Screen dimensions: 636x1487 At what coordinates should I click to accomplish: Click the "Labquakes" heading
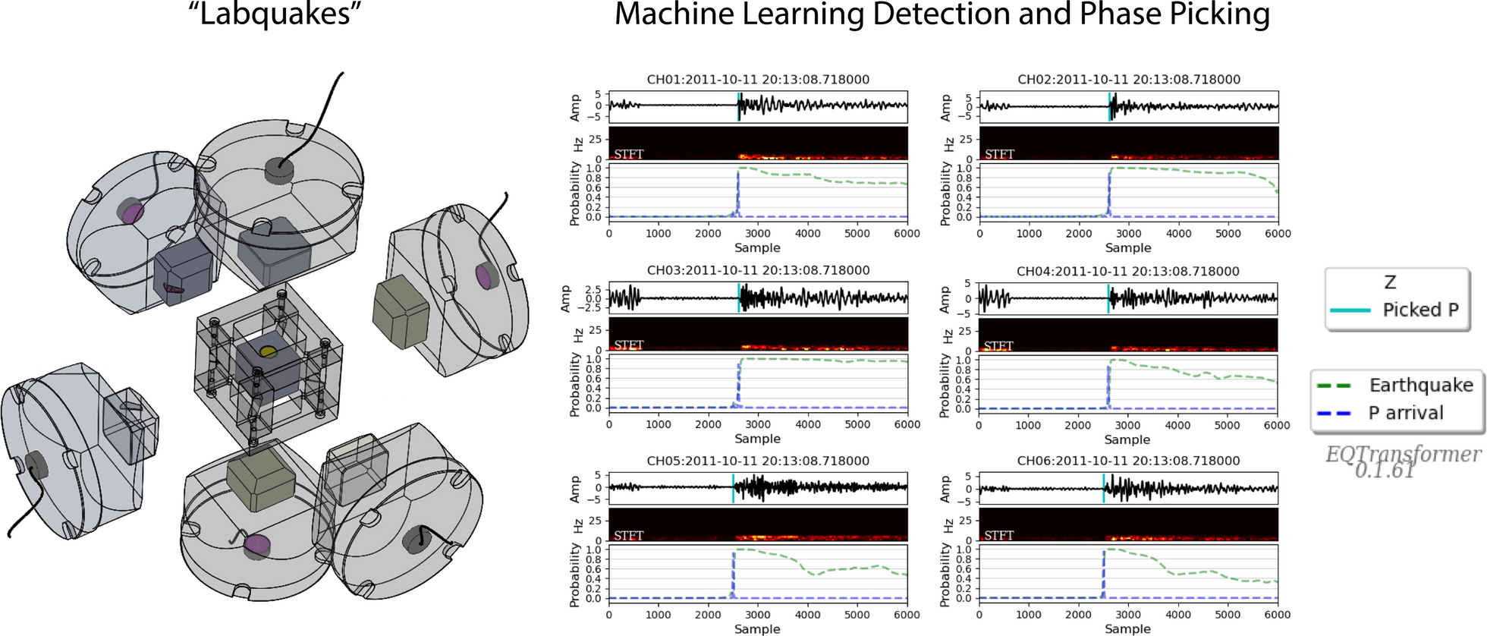[275, 15]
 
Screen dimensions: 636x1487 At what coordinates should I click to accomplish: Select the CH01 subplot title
[758, 80]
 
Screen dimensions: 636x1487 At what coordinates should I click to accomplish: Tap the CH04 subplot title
[1128, 271]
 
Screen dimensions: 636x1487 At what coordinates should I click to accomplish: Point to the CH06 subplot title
[1128, 461]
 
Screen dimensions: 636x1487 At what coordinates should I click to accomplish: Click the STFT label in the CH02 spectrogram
[999, 154]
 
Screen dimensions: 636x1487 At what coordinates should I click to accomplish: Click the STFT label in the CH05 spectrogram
[629, 535]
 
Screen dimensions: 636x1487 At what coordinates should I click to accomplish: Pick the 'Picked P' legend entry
[1420, 310]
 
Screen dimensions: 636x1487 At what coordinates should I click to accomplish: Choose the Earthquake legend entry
[1420, 386]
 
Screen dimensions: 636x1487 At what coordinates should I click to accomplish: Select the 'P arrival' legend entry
[1405, 413]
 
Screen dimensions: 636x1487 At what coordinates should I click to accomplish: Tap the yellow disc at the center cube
[268, 351]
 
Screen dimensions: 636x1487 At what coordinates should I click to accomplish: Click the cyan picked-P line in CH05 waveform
[733, 488]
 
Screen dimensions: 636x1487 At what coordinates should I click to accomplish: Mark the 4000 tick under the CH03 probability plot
[807, 425]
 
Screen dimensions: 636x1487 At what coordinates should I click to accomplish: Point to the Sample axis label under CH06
[1127, 629]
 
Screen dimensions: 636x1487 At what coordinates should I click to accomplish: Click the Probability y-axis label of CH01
[574, 194]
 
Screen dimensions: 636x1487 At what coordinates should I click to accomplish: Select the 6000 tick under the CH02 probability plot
[1278, 234]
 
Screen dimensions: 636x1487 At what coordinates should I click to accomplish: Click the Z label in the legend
[1390, 282]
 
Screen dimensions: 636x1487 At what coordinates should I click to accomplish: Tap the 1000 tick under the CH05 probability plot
[659, 615]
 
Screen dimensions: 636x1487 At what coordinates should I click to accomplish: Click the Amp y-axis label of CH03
[565, 298]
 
